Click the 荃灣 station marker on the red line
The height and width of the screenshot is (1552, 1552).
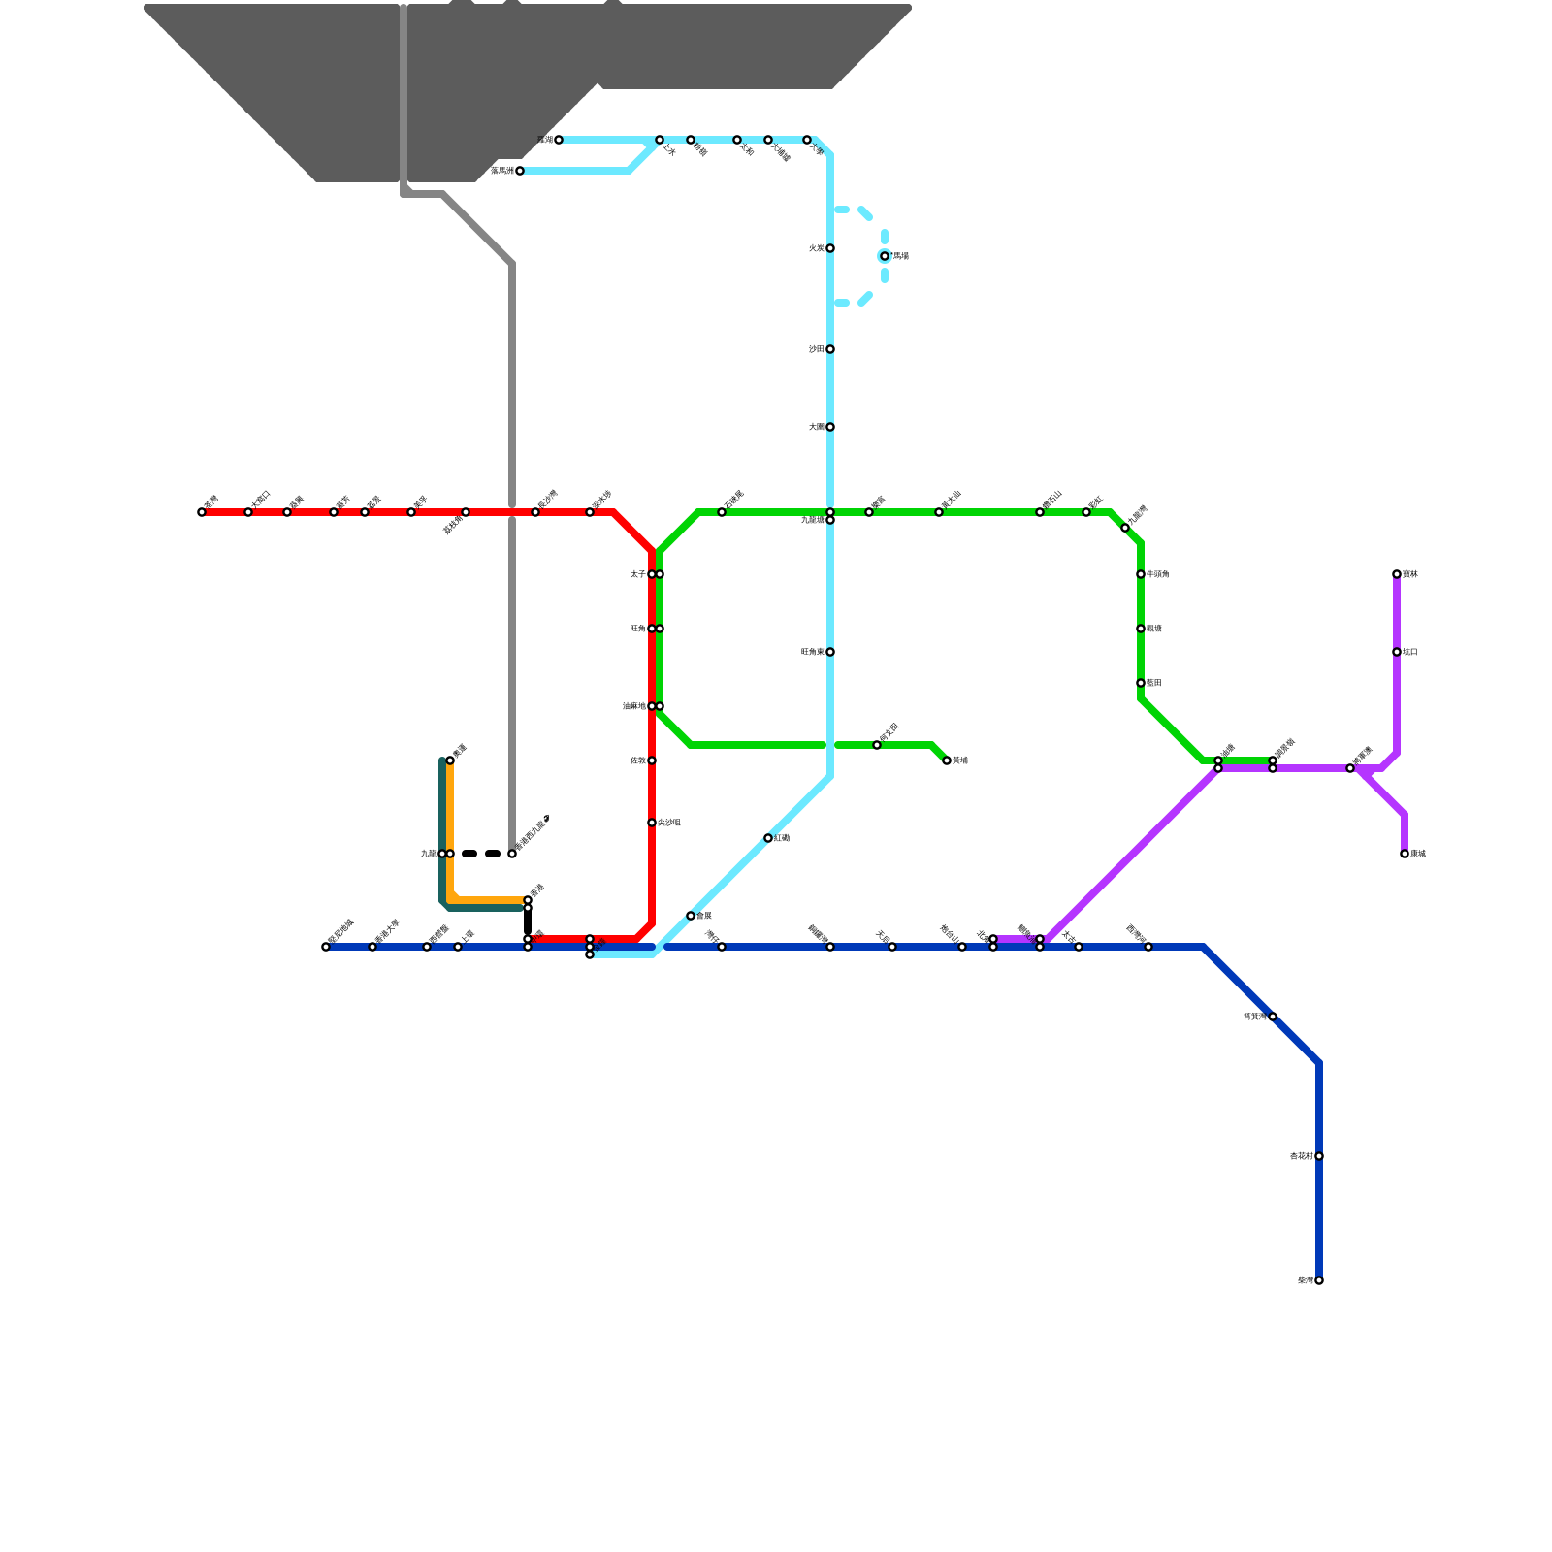click(x=202, y=512)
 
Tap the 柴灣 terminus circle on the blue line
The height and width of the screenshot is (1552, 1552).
click(x=1319, y=1280)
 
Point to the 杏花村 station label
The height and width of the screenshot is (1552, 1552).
click(x=1301, y=1156)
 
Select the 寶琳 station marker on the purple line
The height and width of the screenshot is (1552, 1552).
click(x=1397, y=574)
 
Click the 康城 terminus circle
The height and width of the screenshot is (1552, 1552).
click(x=1405, y=854)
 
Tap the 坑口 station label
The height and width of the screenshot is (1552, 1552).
click(x=1410, y=652)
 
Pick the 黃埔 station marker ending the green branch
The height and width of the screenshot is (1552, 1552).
click(x=947, y=760)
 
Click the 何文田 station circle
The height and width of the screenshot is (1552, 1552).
click(x=877, y=745)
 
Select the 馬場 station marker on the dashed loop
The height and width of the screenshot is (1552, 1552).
click(x=885, y=256)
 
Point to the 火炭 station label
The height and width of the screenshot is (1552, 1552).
click(x=816, y=248)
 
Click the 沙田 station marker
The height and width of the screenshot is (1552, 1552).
click(x=830, y=349)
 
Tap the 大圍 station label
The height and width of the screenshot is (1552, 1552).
click(x=816, y=427)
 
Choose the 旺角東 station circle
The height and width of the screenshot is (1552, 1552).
click(x=830, y=652)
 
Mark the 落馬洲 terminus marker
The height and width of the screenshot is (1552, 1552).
click(x=520, y=171)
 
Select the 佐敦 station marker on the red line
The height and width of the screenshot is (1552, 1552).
click(x=652, y=760)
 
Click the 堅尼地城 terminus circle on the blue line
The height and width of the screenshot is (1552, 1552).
click(x=326, y=947)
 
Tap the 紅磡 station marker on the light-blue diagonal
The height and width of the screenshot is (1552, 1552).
click(x=768, y=838)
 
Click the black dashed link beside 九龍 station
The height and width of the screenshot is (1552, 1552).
click(x=481, y=854)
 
